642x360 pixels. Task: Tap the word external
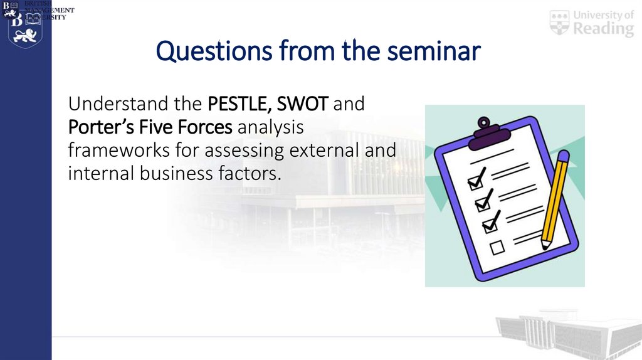pyautogui.click(x=325, y=151)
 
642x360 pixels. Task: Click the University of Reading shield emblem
pyautogui.click(x=559, y=23)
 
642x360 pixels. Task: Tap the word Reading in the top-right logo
pyautogui.click(x=604, y=29)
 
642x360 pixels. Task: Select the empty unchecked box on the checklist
pyautogui.click(x=497, y=248)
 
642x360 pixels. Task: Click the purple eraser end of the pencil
pyautogui.click(x=562, y=157)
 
